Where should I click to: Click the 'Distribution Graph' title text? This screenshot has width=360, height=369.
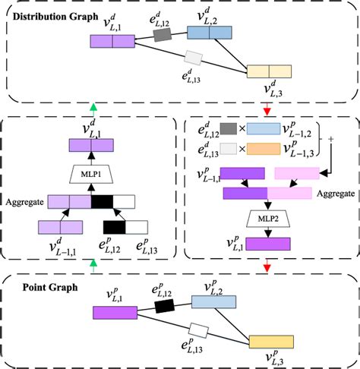pyautogui.click(x=56, y=16)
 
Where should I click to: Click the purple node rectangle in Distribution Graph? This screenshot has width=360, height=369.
pyautogui.click(x=112, y=43)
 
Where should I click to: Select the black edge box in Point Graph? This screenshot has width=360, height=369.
pyautogui.click(x=165, y=306)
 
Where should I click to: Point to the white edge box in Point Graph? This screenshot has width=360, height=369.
pyautogui.click(x=199, y=330)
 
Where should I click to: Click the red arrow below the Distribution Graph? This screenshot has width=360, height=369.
pyautogui.click(x=267, y=106)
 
